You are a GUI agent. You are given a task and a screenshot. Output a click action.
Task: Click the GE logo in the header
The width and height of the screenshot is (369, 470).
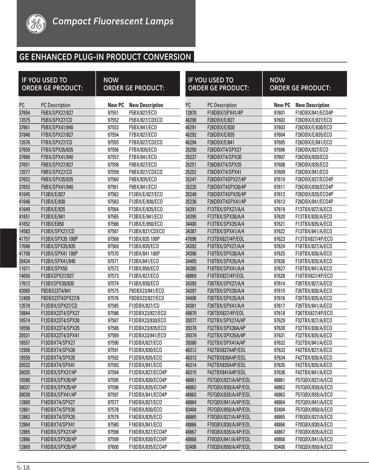pos(36,23)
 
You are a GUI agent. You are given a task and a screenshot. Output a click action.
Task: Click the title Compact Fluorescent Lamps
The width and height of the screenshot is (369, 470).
pos(113,21)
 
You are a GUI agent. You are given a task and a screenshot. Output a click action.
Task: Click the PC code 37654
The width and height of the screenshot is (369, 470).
pos(24,113)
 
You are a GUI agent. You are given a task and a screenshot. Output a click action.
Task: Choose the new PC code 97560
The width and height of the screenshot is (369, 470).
pos(113,179)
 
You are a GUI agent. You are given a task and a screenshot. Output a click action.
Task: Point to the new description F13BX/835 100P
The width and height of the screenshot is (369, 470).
pos(144,239)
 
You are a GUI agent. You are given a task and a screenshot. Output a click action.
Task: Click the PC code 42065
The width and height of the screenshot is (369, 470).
pos(24,291)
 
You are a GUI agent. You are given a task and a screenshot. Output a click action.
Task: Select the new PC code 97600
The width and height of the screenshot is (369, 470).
pos(113,447)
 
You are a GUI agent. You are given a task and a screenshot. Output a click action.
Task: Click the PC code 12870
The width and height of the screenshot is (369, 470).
pos(191,113)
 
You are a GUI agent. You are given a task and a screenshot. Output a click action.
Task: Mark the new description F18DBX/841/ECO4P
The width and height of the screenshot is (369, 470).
pos(314,113)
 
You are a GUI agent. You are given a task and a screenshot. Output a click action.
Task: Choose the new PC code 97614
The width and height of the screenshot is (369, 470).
pos(279,283)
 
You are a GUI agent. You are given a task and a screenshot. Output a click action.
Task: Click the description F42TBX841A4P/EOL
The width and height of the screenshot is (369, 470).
pos(226,372)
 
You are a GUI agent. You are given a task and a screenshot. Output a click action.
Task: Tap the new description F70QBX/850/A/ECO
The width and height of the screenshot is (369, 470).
pos(314,447)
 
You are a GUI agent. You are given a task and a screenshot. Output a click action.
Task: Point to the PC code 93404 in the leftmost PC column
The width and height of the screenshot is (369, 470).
pos(191,410)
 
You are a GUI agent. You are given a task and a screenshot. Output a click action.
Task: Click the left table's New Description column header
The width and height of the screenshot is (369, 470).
pos(146,105)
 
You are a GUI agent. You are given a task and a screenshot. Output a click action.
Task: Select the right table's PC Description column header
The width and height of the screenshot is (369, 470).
pos(222,105)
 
